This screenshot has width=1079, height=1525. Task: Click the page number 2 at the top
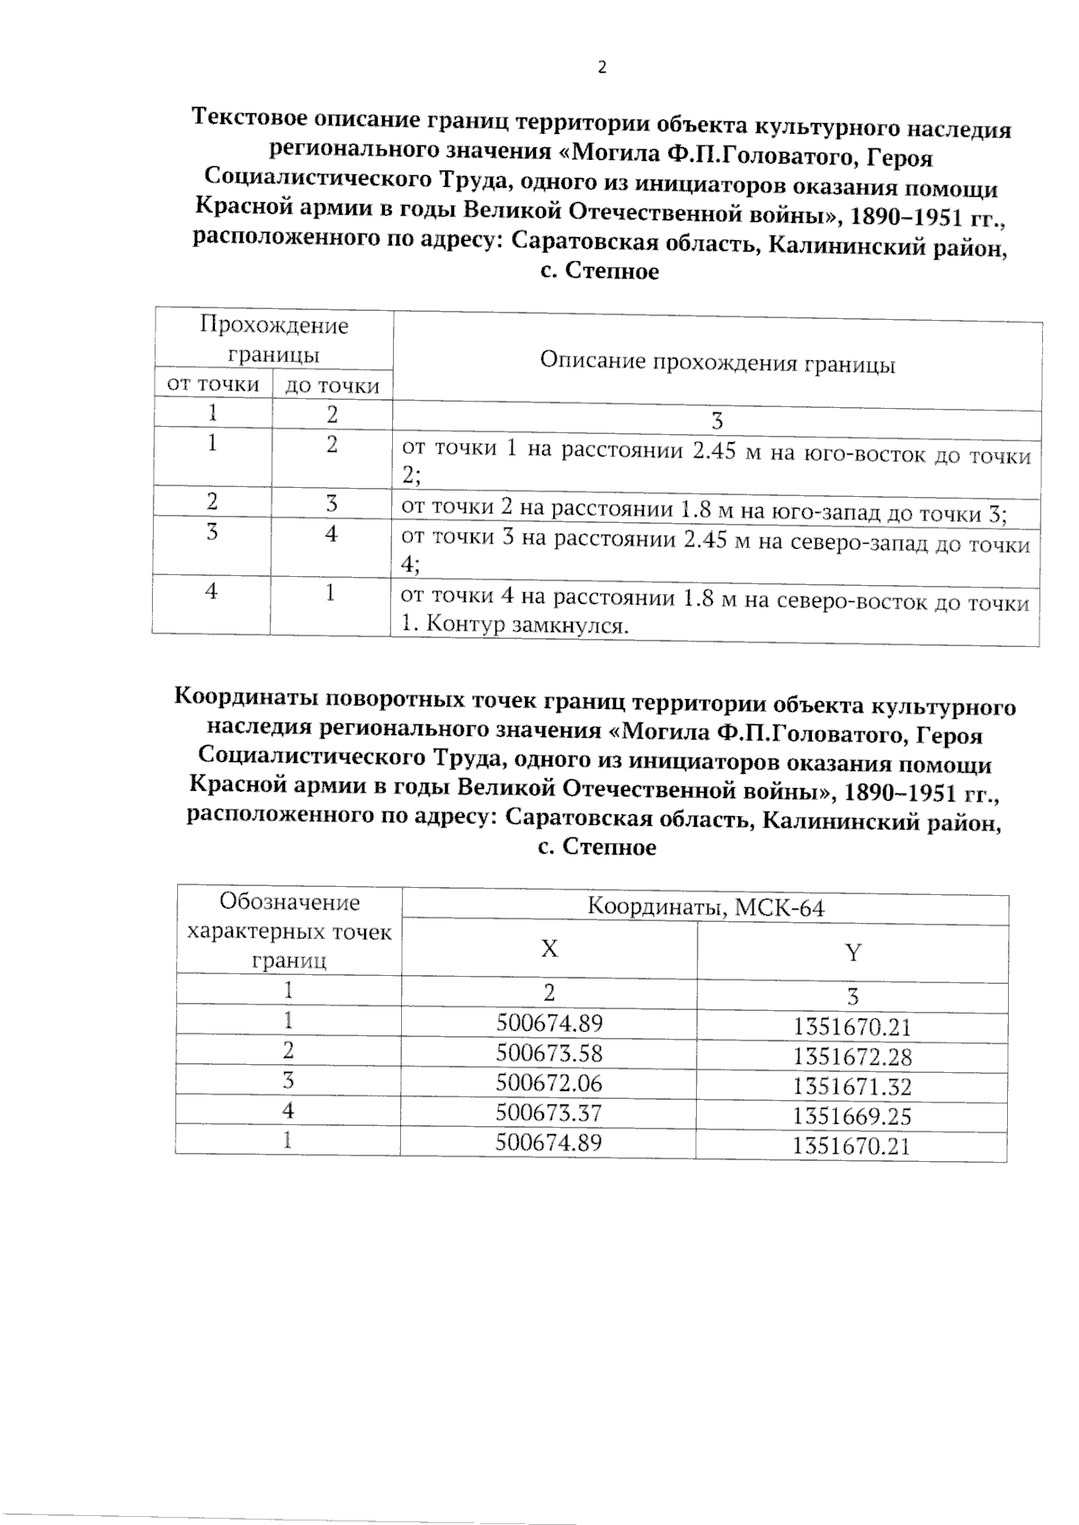click(x=602, y=67)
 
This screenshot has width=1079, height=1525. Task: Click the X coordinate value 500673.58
click(x=548, y=1052)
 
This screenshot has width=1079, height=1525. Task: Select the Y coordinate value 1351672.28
click(x=852, y=1057)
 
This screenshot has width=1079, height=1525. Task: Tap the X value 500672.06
click(x=548, y=1082)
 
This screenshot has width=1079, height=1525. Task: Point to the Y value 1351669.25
click(x=852, y=1116)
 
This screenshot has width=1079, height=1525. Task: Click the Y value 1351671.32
click(x=852, y=1086)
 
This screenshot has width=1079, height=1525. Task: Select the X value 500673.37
click(x=548, y=1113)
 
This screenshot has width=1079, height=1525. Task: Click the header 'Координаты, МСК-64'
click(x=705, y=908)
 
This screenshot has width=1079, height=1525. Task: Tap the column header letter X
click(x=548, y=949)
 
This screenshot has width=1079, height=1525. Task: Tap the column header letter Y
click(x=852, y=953)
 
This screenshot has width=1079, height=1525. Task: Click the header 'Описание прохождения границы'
click(x=717, y=363)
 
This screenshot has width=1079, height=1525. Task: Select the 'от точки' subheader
click(x=214, y=385)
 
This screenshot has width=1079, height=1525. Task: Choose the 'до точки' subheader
click(x=332, y=386)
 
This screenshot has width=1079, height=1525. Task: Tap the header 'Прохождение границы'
click(x=273, y=339)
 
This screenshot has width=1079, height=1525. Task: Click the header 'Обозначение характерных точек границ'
click(x=289, y=931)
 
